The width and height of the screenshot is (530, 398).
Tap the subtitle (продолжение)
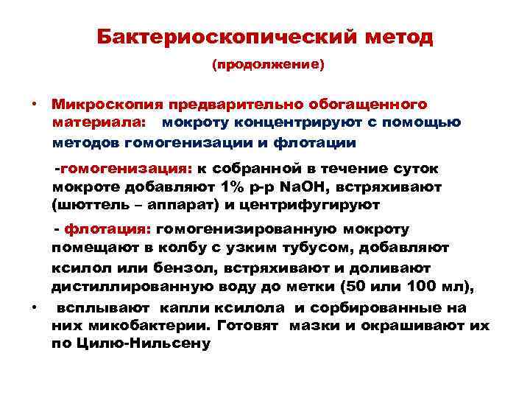tap(267, 65)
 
